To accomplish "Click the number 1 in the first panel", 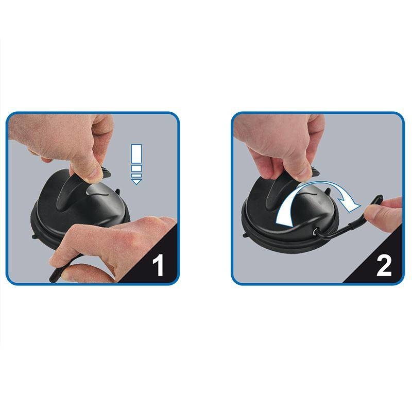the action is [158, 265].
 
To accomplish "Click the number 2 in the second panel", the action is [384, 266].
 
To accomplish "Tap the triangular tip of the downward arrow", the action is [136, 182].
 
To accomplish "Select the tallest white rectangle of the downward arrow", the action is [136, 153].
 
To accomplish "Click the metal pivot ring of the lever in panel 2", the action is [314, 232].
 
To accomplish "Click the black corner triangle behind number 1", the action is [155, 260].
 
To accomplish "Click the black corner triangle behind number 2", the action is [381, 260].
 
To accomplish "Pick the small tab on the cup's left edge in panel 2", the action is [244, 234].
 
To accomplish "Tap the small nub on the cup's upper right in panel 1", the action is [117, 192].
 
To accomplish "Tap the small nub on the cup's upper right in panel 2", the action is [328, 191].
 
